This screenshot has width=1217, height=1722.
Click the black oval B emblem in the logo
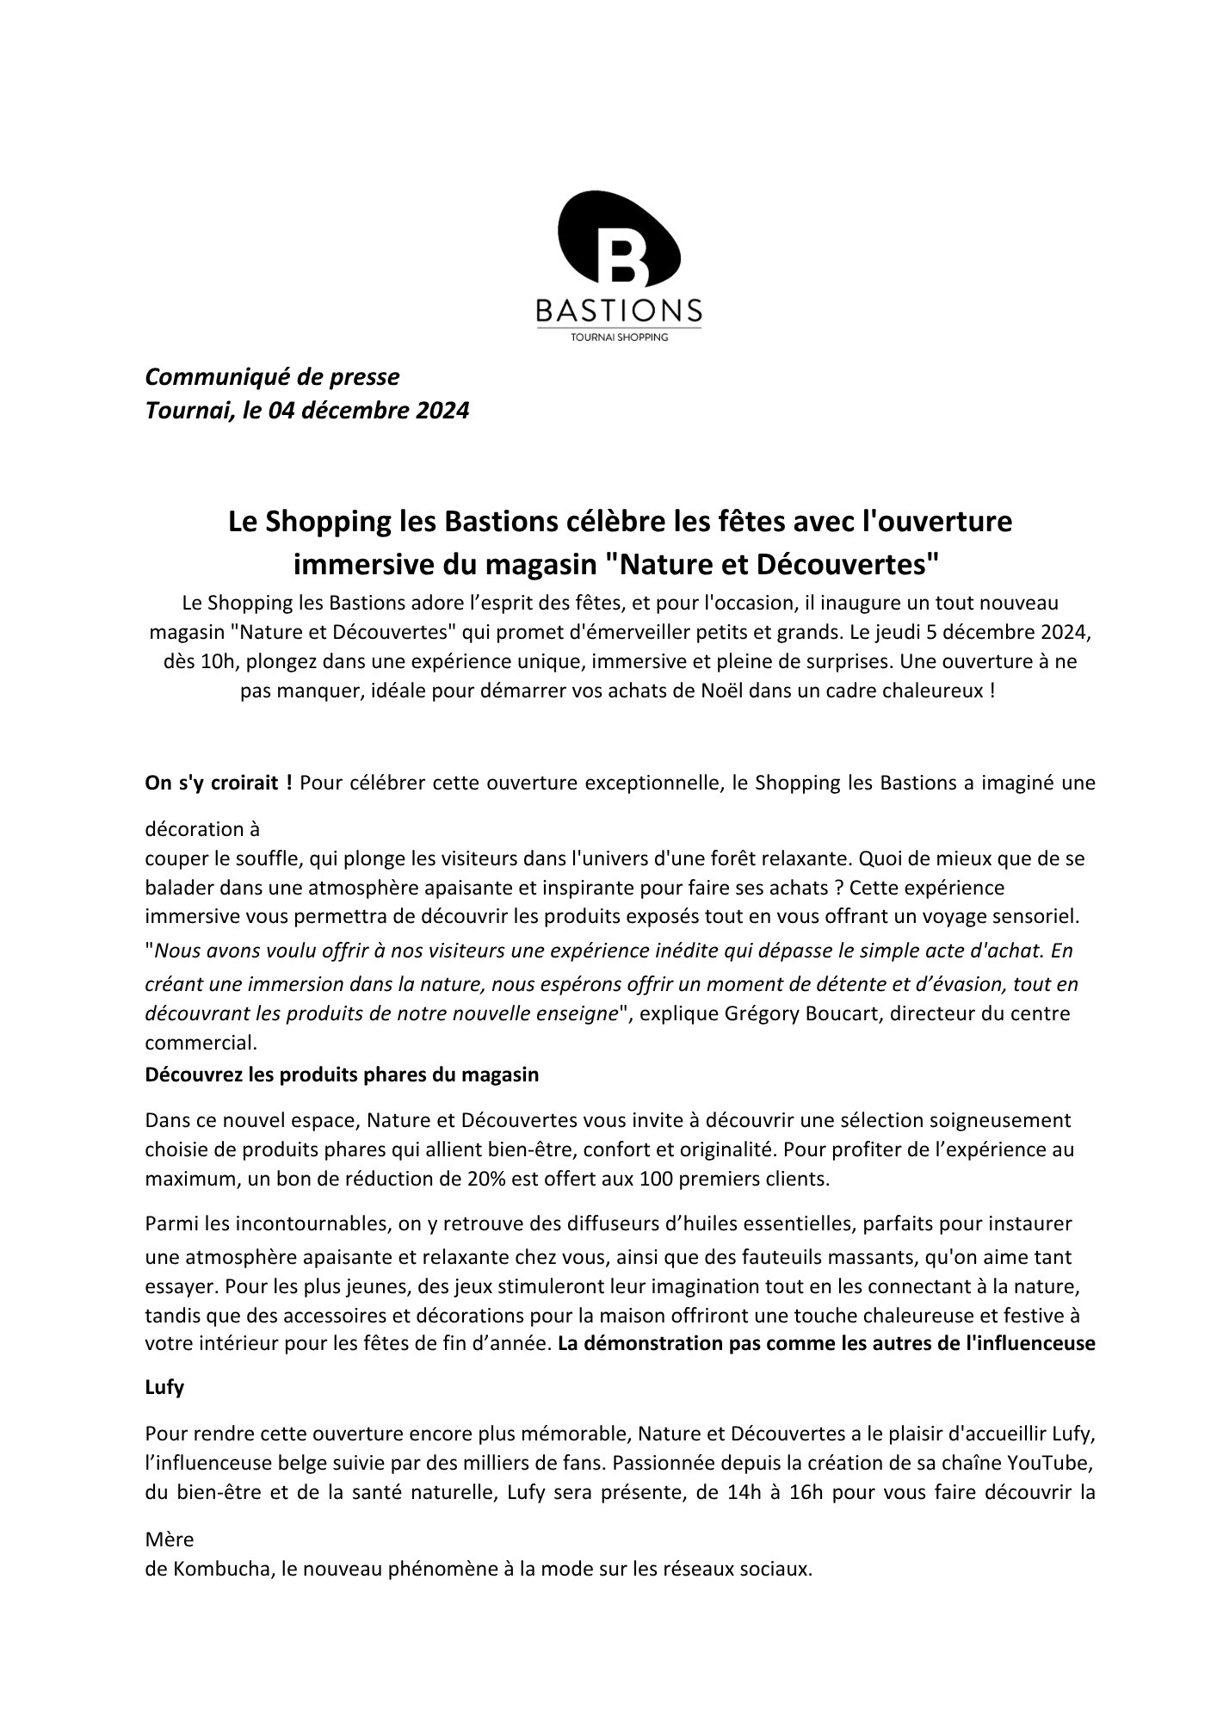click(x=618, y=239)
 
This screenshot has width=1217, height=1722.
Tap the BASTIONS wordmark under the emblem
click(x=618, y=310)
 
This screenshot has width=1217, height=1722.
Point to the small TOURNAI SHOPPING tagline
click(x=619, y=338)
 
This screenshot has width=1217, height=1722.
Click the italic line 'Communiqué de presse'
click(x=272, y=376)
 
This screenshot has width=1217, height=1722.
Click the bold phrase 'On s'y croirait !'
click(x=219, y=783)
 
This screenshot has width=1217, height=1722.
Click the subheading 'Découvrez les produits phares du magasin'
click(x=342, y=1075)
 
